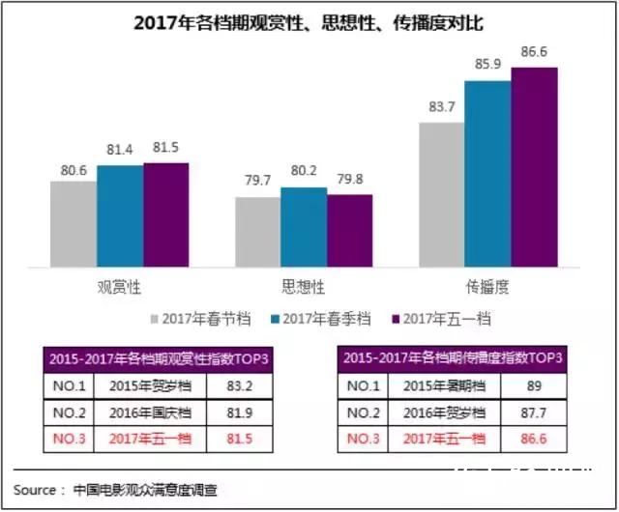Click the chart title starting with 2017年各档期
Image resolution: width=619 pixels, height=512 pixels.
309,21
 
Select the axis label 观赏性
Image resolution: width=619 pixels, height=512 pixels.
120,286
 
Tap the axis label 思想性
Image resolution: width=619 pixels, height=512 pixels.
304,286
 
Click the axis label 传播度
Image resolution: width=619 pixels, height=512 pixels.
488,286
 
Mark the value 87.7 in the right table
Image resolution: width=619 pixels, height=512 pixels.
531,412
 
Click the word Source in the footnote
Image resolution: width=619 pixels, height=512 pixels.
35,489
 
